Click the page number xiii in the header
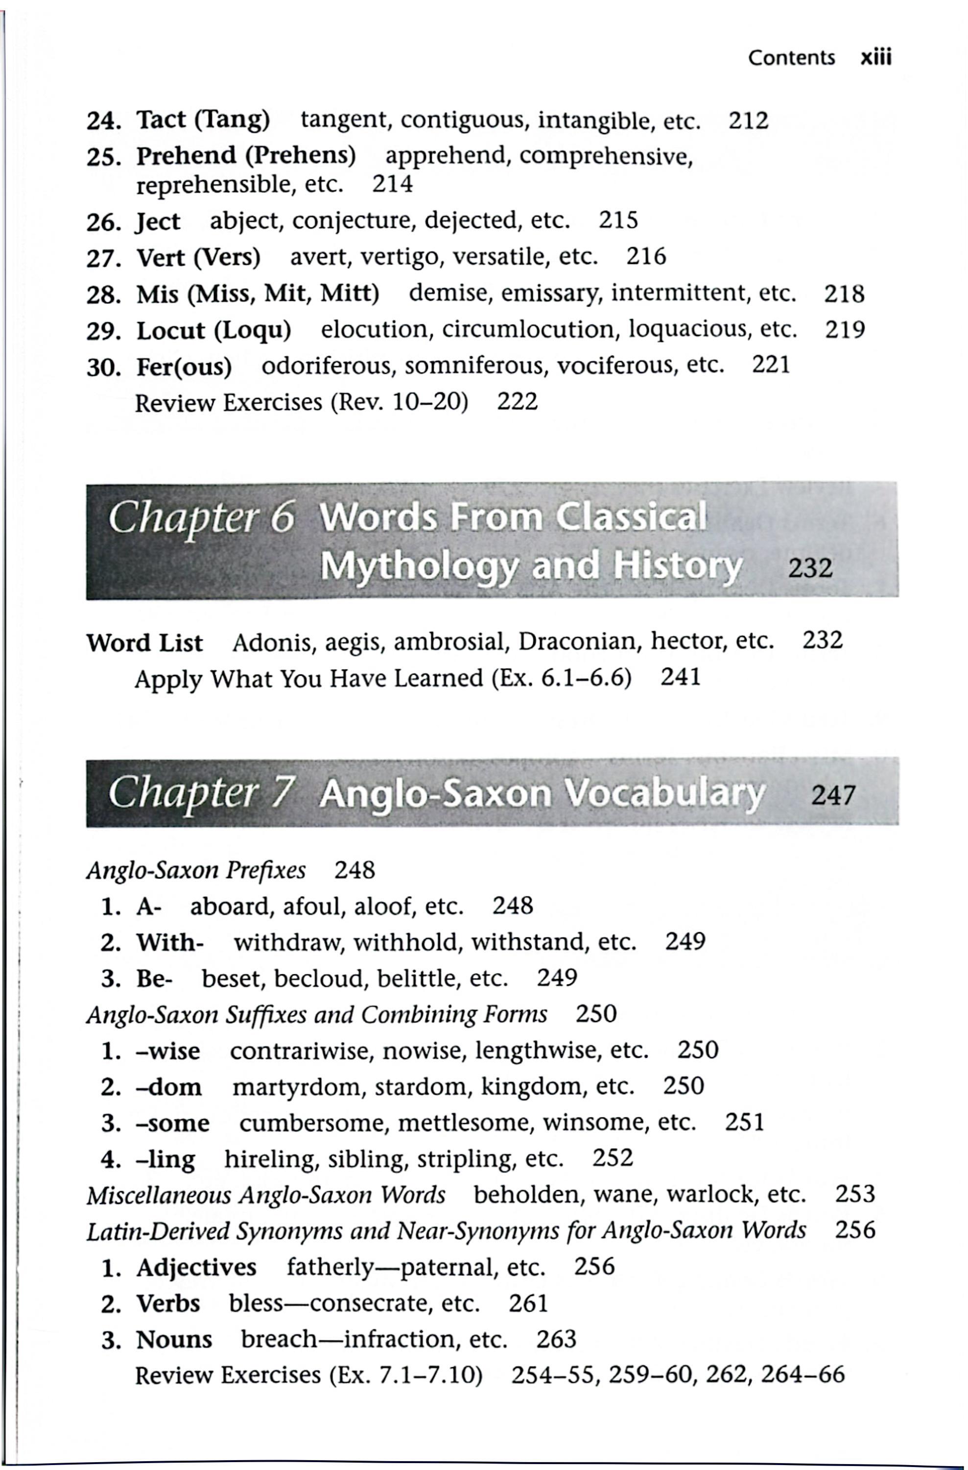(875, 57)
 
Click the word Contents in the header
(791, 57)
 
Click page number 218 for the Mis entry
(844, 294)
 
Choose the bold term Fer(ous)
(184, 367)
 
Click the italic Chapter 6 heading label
(201, 517)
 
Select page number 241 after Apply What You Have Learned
(680, 678)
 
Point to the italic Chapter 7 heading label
(201, 793)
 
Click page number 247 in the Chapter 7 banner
(833, 795)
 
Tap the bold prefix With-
(170, 943)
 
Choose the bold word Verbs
(168, 1304)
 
